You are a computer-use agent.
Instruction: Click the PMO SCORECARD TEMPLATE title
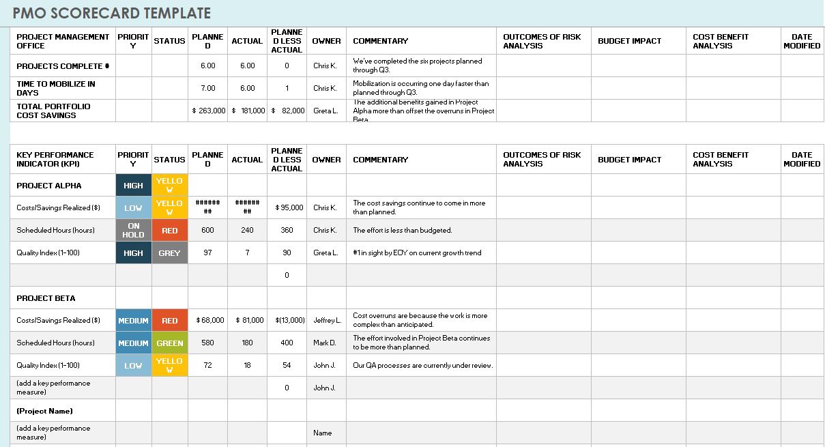tap(111, 13)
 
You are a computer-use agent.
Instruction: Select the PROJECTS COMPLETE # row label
tap(63, 66)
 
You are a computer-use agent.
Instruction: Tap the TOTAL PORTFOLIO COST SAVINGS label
tap(53, 111)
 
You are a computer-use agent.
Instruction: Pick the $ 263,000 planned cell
tap(208, 111)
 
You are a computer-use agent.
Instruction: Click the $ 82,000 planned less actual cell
tap(287, 111)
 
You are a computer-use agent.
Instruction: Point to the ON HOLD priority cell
tap(133, 231)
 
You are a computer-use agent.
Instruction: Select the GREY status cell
tap(169, 253)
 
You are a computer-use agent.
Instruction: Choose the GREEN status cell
tap(169, 343)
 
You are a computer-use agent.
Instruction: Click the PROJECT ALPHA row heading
tap(48, 186)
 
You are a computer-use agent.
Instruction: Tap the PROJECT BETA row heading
tap(46, 298)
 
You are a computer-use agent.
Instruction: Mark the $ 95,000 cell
tap(287, 207)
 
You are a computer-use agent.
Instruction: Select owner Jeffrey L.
tap(327, 321)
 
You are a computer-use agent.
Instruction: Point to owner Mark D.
tap(325, 343)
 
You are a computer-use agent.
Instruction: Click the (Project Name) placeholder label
tap(44, 411)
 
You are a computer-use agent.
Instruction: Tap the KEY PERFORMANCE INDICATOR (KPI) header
tap(55, 159)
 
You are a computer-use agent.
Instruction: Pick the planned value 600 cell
tap(208, 231)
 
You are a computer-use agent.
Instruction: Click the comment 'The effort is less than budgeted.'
tap(402, 231)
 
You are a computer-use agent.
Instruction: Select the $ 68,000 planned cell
tap(209, 321)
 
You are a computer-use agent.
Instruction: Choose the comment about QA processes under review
tap(422, 366)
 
